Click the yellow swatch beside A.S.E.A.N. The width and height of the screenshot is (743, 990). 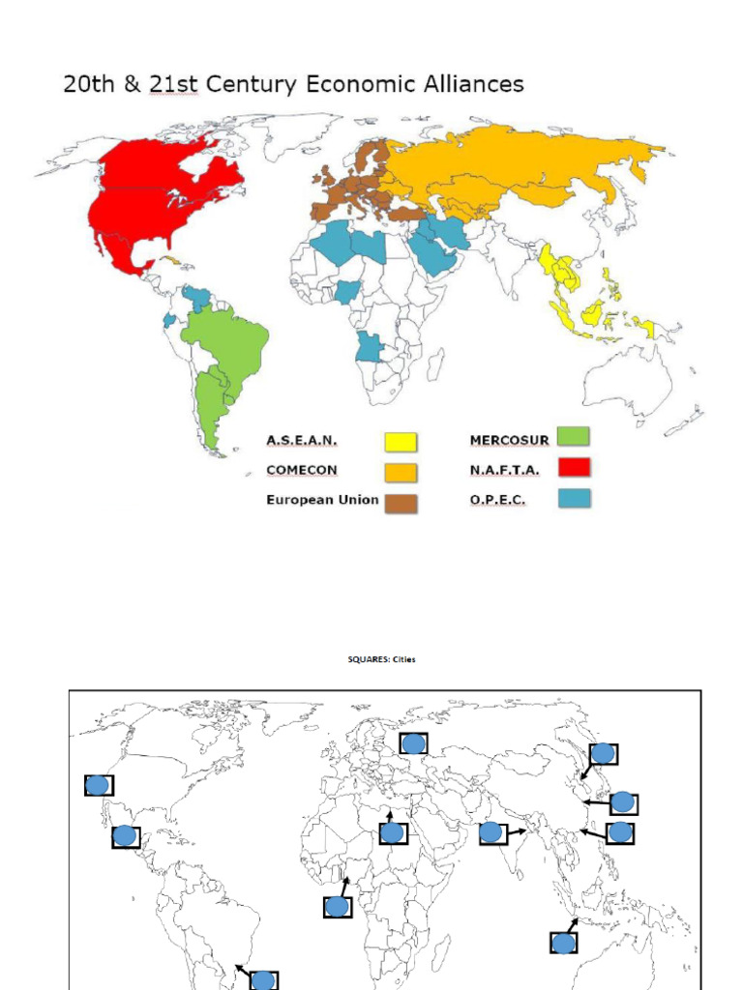[x=401, y=443]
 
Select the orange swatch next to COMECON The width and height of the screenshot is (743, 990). [x=401, y=473]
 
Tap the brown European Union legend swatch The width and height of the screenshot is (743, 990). [x=401, y=503]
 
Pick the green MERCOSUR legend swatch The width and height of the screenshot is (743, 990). [x=573, y=438]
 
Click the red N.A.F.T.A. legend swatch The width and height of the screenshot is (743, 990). [x=573, y=468]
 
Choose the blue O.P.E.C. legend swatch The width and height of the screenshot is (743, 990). [x=573, y=499]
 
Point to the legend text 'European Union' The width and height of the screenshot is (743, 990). [x=322, y=500]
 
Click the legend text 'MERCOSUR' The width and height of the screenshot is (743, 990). [x=509, y=440]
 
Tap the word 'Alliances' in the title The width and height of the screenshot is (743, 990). [x=468, y=84]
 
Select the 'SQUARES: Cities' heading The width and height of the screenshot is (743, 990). [x=382, y=660]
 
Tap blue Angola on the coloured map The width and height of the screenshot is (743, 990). [x=369, y=346]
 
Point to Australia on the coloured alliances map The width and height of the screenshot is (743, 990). [x=628, y=381]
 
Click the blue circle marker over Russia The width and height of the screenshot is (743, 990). [x=414, y=743]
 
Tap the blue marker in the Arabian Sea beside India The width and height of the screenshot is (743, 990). [x=491, y=832]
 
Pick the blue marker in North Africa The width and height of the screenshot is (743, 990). [x=392, y=832]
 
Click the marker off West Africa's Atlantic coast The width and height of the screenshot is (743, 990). [x=337, y=907]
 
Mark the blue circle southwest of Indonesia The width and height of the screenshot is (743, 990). [x=563, y=944]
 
